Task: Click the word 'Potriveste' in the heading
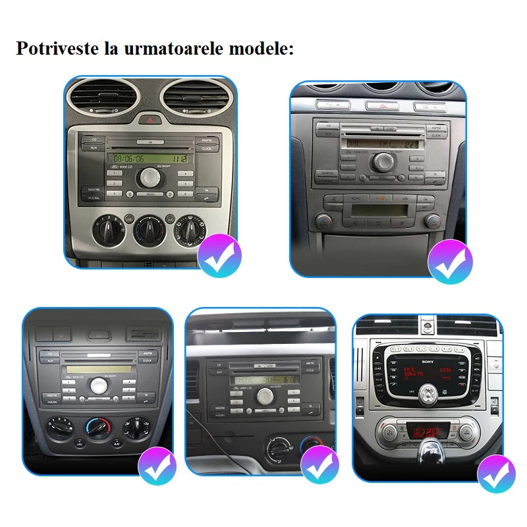click(57, 49)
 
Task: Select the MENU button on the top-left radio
click(151, 194)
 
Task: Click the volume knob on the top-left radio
click(150, 176)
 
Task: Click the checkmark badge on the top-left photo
click(220, 256)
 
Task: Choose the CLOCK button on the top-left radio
click(206, 149)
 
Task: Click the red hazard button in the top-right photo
click(379, 105)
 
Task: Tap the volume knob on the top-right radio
click(381, 161)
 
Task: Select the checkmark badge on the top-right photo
click(450, 262)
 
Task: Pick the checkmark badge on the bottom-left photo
click(157, 465)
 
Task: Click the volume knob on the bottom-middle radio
click(265, 395)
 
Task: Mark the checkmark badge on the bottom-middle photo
click(319, 465)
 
